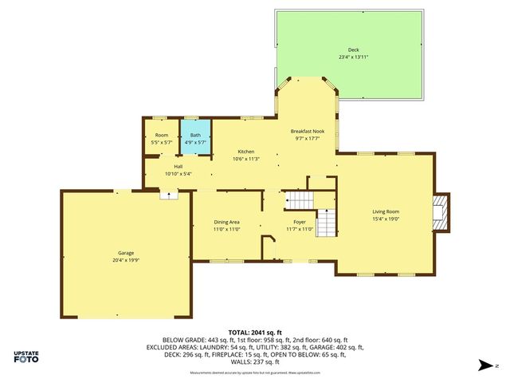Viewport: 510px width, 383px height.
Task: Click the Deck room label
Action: point(353,49)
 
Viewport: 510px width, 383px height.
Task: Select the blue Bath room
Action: point(195,138)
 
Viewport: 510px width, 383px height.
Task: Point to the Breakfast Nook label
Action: point(306,130)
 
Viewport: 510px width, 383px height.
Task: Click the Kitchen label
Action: point(246,151)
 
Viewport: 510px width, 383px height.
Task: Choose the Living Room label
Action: point(386,211)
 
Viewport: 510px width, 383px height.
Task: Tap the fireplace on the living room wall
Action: point(441,211)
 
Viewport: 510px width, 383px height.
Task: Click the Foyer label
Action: point(300,222)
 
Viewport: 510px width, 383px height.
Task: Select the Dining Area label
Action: point(226,222)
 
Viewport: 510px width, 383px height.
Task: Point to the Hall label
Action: point(178,166)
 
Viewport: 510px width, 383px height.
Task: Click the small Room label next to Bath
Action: point(162,135)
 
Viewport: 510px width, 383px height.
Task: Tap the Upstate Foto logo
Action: point(26,357)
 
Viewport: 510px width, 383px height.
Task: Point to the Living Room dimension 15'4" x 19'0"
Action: point(386,219)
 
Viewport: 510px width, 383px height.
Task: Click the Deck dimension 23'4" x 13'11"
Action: point(353,57)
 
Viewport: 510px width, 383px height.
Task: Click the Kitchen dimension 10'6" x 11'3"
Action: point(246,158)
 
